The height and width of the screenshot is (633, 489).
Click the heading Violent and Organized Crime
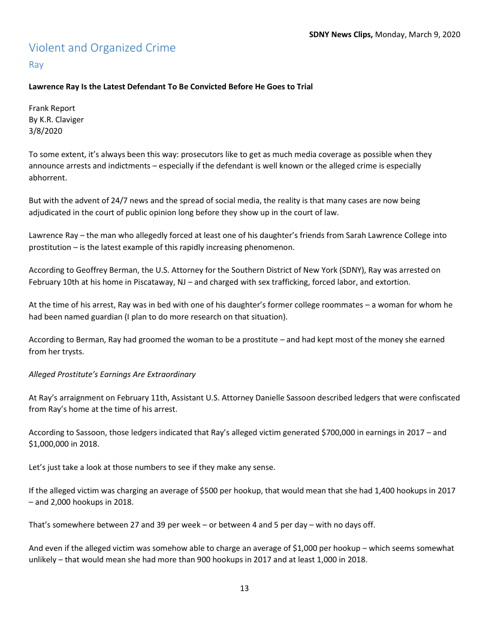[x=102, y=48]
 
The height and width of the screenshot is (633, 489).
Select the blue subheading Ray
[x=36, y=64]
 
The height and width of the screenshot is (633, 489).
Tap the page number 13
[x=244, y=588]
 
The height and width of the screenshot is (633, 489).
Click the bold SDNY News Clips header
[x=340, y=34]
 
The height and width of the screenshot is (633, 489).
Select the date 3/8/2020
[x=46, y=131]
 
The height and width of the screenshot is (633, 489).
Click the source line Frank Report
[x=52, y=108]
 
